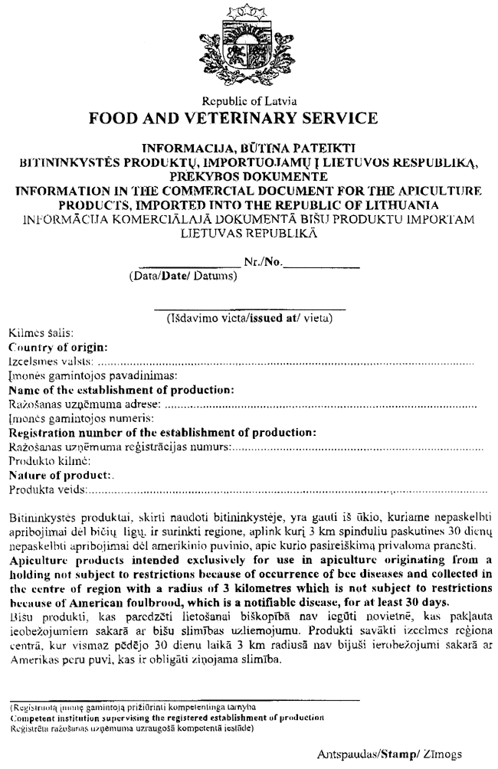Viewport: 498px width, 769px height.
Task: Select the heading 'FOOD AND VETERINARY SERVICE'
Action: (x=249, y=119)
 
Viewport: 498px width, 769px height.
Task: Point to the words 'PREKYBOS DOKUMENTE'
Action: (x=249, y=174)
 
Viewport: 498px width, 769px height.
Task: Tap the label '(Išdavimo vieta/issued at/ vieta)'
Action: (x=249, y=321)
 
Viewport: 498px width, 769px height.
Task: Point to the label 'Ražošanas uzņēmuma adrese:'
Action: (x=84, y=404)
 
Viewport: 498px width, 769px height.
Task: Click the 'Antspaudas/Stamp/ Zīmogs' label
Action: (x=390, y=754)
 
